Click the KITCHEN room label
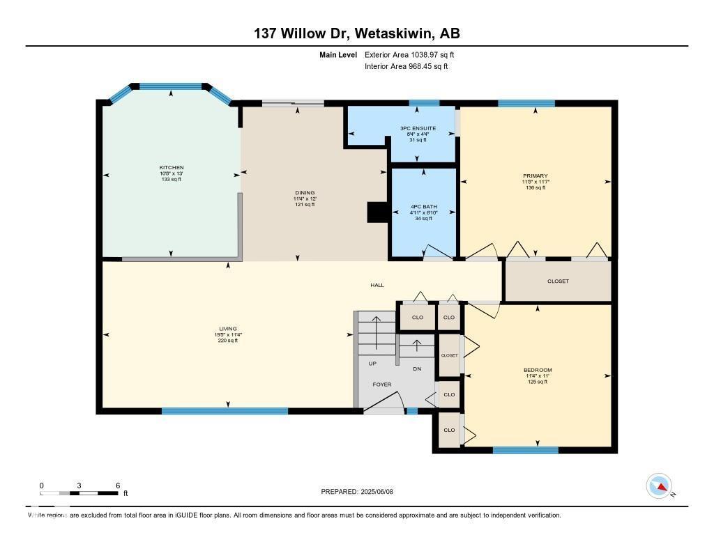(172, 168)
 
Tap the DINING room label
(305, 193)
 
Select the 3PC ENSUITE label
(418, 128)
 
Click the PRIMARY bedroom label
(535, 176)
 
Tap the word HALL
(377, 285)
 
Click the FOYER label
(381, 385)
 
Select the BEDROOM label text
(538, 370)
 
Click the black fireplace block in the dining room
(377, 212)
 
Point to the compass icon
(659, 486)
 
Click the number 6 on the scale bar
(118, 486)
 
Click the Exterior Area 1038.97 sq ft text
(409, 54)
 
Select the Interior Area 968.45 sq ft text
(406, 67)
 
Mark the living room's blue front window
(225, 411)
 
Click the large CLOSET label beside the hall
(558, 281)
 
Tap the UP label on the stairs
(373, 364)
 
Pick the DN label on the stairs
(417, 369)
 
